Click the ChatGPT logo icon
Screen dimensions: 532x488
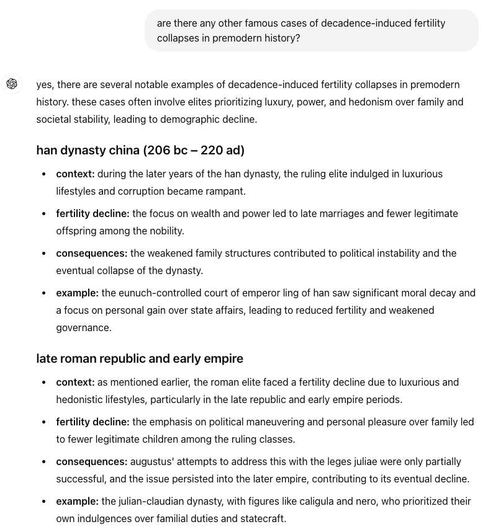[12, 84]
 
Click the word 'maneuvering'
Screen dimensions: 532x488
[276, 422]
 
